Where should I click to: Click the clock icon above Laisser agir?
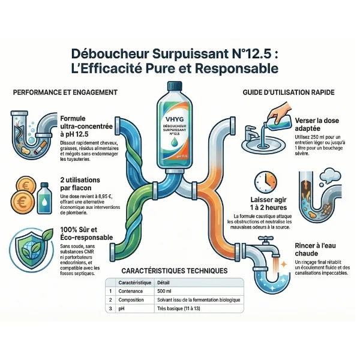(265, 181)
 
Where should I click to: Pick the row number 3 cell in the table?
(111, 308)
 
